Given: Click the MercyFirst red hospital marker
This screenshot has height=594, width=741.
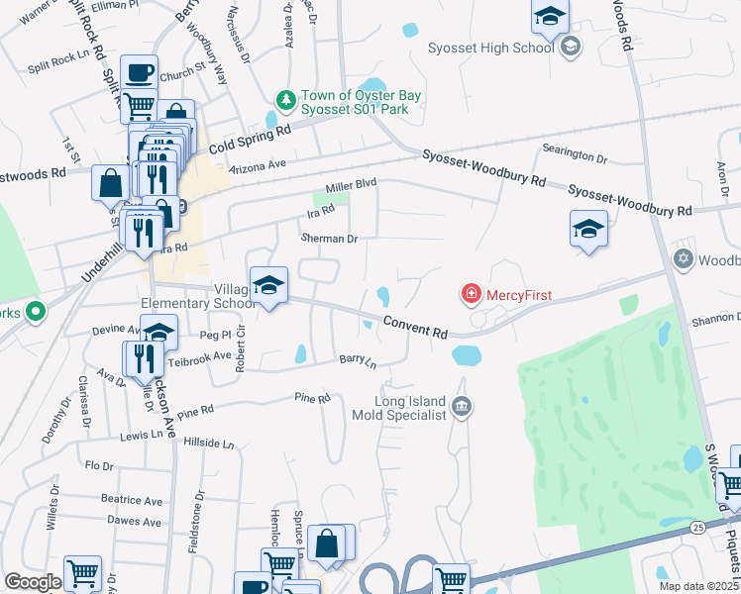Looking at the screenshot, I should click(x=472, y=294).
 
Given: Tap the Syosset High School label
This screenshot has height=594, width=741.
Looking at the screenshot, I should click(x=490, y=48).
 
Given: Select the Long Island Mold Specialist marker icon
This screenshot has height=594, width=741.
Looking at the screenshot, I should click(x=462, y=406).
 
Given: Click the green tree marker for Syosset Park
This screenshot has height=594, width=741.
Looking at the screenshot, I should click(x=285, y=100).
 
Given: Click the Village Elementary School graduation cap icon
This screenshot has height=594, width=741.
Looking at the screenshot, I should click(x=268, y=286).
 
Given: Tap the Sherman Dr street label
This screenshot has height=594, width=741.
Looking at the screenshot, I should click(x=329, y=239).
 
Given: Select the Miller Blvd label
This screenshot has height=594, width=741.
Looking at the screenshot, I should click(x=352, y=184).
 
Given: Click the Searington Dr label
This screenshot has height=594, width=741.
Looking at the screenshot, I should click(x=574, y=157).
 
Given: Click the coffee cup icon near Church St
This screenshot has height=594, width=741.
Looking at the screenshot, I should click(x=139, y=72).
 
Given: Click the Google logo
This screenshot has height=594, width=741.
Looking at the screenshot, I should click(x=33, y=582).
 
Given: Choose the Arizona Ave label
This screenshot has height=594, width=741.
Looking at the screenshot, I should click(x=258, y=165).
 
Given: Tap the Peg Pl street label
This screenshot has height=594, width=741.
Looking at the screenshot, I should click(x=215, y=337).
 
